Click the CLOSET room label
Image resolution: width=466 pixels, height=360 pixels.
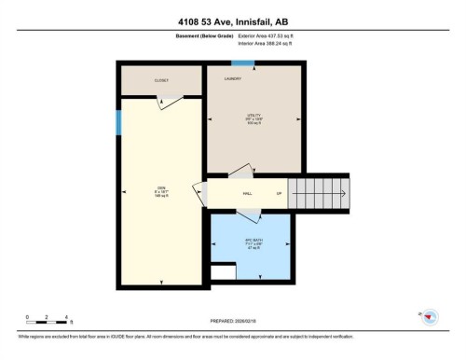click(x=160, y=81)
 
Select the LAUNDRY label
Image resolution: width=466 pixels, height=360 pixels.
click(x=234, y=79)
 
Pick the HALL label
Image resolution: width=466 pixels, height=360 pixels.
click(x=248, y=194)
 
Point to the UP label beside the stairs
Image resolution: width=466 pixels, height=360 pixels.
click(x=278, y=194)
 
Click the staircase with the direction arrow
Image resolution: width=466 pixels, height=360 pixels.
click(x=317, y=194)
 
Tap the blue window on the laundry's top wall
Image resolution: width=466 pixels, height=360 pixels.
click(x=243, y=63)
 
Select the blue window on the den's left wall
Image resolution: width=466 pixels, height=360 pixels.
click(x=117, y=122)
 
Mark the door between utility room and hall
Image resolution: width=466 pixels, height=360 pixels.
click(x=240, y=172)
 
